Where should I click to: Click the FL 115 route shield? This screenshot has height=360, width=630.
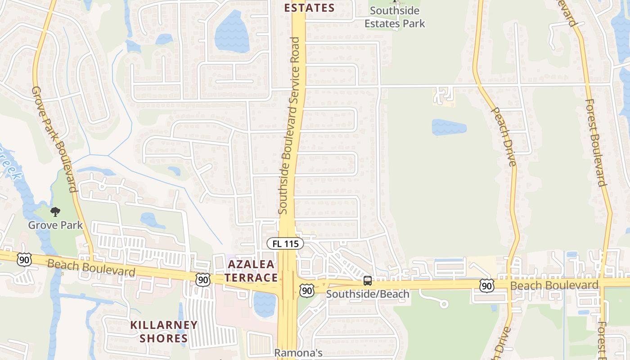point(285,243)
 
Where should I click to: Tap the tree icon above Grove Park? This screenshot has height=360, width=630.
point(55,211)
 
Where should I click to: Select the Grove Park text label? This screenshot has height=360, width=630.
point(55,225)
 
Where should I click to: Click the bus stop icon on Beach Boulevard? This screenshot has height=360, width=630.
point(368,281)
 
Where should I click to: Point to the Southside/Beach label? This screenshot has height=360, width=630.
point(368,294)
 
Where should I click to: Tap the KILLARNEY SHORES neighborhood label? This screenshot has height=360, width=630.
point(164,331)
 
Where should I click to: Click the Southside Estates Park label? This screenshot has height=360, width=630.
point(395,17)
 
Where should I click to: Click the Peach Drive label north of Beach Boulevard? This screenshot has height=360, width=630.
point(504,136)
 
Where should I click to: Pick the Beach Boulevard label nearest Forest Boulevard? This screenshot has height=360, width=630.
point(554,285)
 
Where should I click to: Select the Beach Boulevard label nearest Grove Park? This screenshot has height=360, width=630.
point(91,268)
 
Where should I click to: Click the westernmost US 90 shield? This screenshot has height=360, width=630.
point(24,259)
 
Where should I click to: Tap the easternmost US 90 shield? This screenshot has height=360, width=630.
point(486,286)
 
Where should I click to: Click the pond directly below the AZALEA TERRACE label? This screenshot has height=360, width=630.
point(264,304)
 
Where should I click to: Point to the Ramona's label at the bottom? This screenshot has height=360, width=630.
point(298,353)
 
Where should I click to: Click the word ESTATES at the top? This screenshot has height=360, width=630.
point(309,8)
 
